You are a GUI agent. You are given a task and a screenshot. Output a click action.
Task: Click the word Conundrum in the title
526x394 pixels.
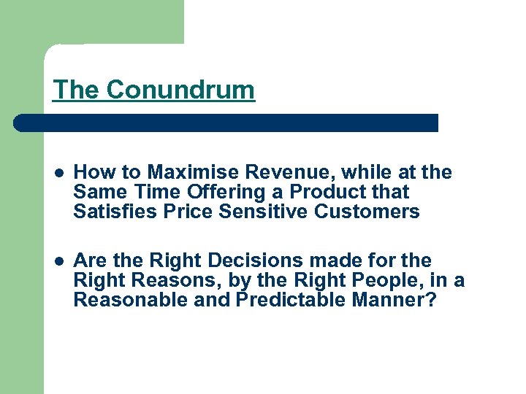coord(180,90)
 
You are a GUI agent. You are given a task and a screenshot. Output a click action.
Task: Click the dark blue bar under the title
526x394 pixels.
coord(226,123)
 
